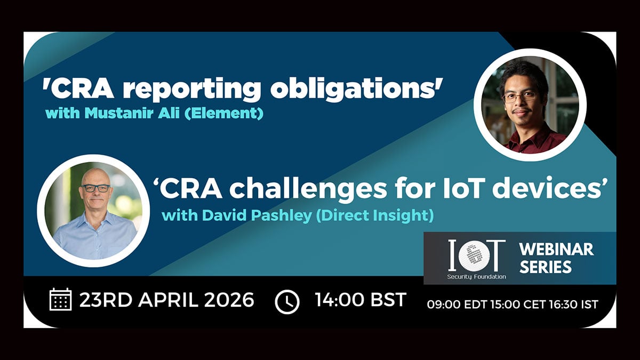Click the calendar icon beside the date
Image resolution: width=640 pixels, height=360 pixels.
tap(61, 299)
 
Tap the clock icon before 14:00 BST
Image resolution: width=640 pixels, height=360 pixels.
tap(287, 302)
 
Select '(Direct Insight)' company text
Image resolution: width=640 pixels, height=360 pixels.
tap(375, 215)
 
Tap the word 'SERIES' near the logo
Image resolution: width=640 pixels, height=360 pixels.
tap(546, 267)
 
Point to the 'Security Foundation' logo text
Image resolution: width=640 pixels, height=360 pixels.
tap(477, 277)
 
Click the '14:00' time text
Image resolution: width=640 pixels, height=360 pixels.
tap(338, 299)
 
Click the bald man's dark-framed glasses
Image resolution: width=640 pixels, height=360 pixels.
tap(95, 188)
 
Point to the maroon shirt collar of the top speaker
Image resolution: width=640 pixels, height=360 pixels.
tap(526, 140)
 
